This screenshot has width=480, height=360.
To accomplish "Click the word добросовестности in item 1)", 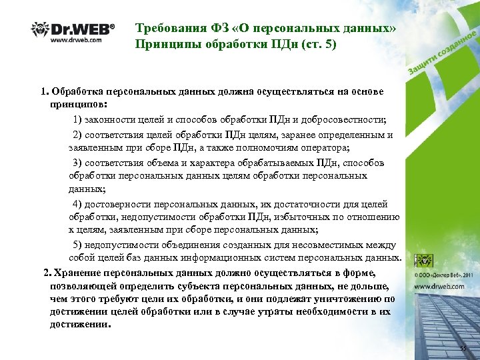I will (338, 120).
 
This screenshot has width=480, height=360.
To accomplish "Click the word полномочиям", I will (269, 148).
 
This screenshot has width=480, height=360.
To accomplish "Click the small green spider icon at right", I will (422, 261).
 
